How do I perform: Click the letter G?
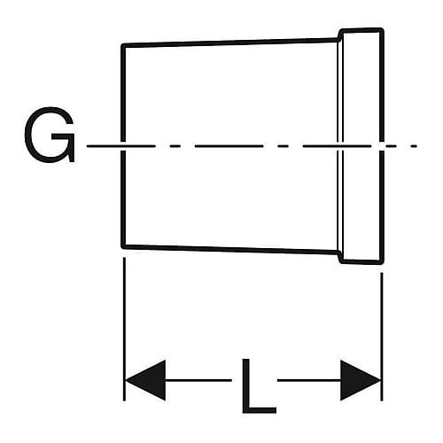tap(50, 135)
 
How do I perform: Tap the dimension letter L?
tap(259, 386)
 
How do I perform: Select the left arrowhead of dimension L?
tap(144, 380)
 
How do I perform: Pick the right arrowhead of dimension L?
tap(361, 380)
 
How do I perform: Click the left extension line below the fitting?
tap(124, 329)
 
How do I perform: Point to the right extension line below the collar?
tap(382, 337)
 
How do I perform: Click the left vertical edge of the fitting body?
tap(123, 146)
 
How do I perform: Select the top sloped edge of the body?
tap(230, 43)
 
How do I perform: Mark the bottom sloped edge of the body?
tap(230, 249)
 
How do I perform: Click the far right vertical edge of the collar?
tap(382, 146)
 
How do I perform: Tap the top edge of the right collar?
tap(361, 30)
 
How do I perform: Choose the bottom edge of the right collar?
tap(361, 261)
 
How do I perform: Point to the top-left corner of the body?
tap(123, 45)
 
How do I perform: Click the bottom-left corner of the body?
tap(123, 246)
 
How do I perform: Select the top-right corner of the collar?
tap(383, 29)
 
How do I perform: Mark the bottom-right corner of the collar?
tap(383, 262)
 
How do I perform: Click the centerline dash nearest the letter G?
tap(120, 146)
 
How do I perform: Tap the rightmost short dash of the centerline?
tap(414, 146)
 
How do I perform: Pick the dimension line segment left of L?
tap(198, 380)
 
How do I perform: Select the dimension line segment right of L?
tap(309, 380)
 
